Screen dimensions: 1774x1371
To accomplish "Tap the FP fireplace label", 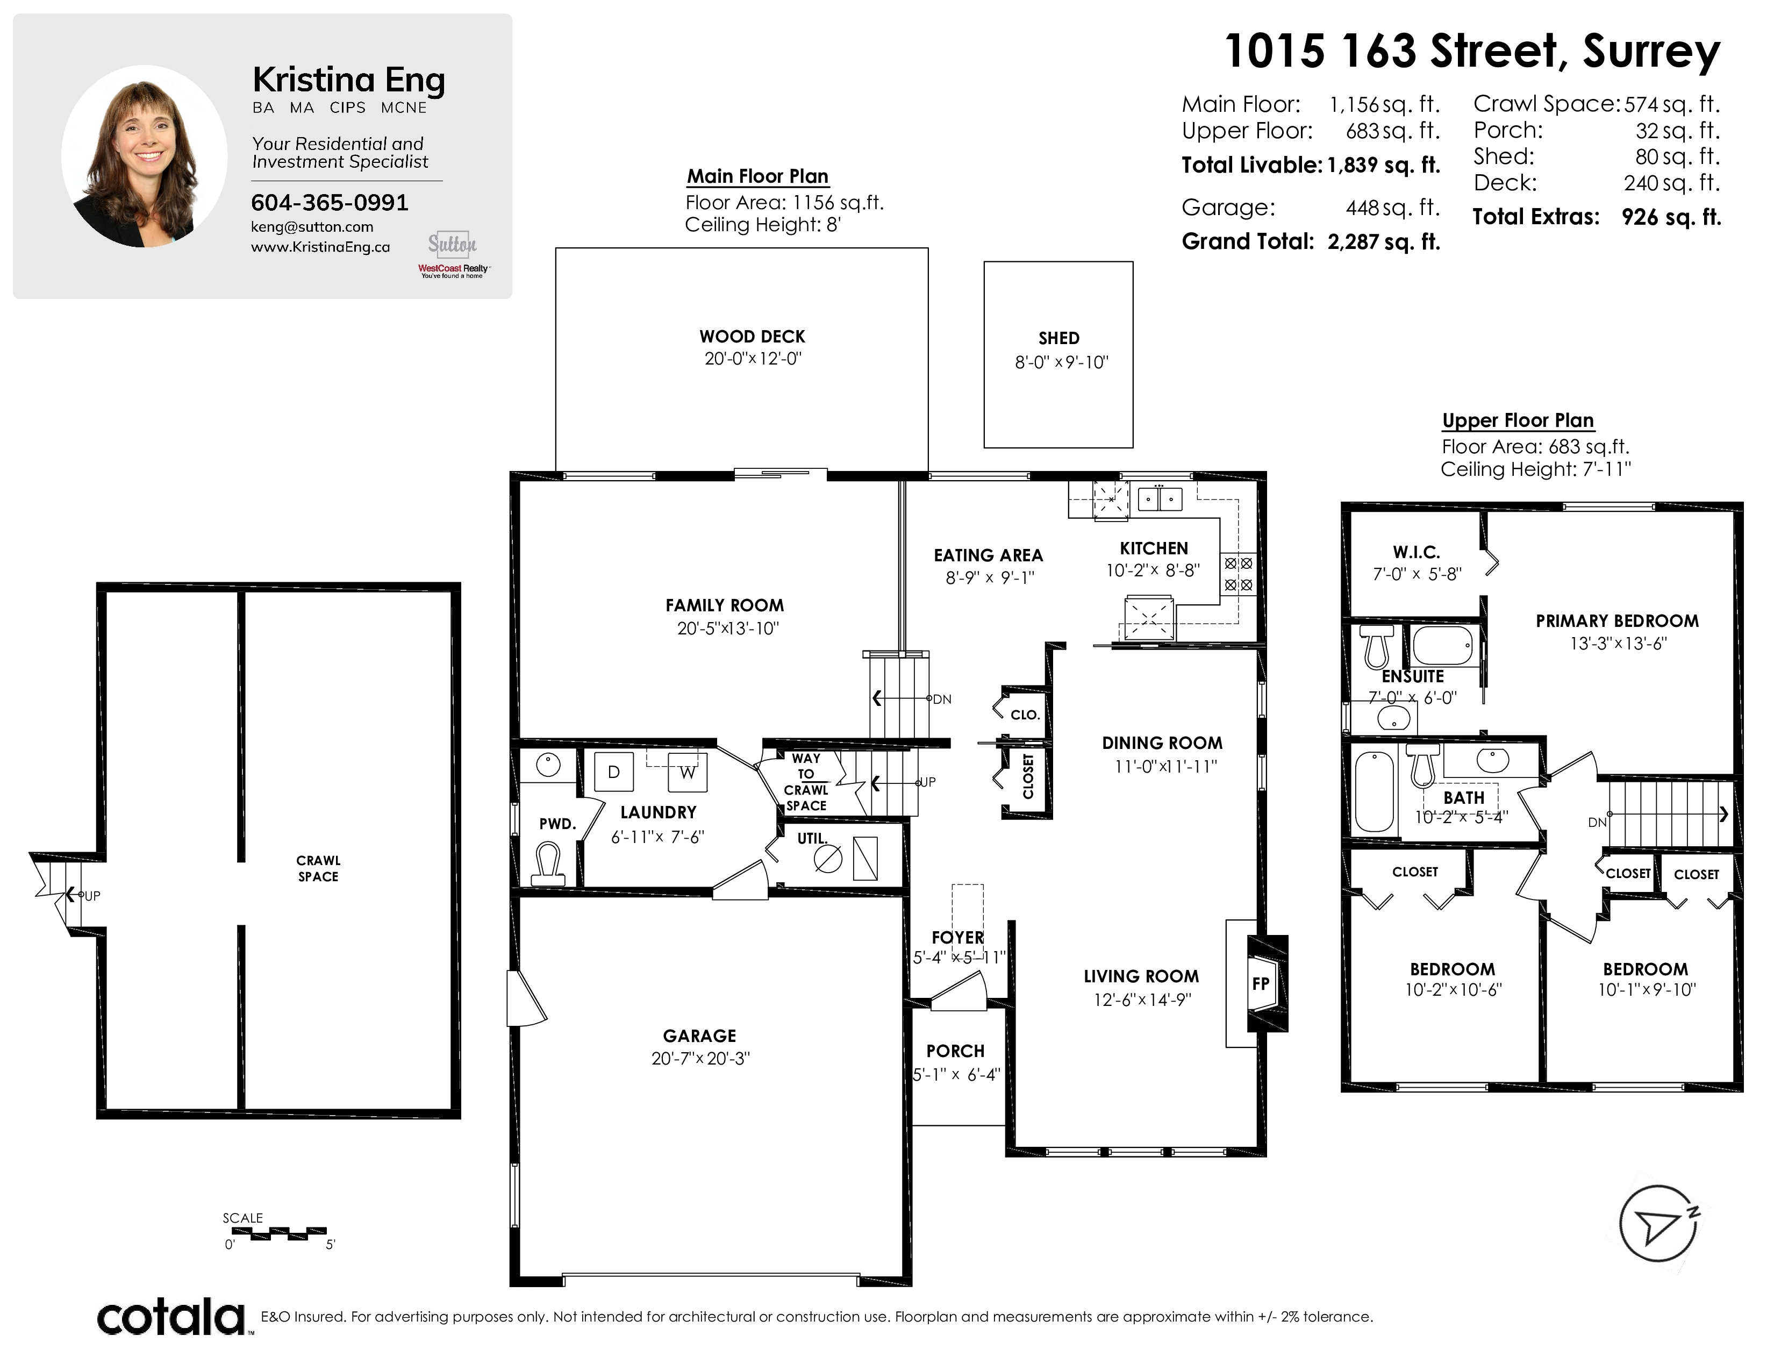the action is (x=1261, y=983).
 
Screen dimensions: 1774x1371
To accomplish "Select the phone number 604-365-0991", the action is (x=330, y=202).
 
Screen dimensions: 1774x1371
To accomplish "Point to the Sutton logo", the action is (x=453, y=243).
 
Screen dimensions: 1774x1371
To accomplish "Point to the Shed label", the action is (x=1059, y=338).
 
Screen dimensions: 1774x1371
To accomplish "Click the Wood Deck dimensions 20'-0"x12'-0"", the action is (x=753, y=358).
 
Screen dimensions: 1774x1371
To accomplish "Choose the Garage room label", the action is (x=699, y=1036).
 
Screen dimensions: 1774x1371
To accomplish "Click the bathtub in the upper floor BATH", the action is (x=1375, y=791).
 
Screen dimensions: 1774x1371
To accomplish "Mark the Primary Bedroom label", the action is (x=1617, y=620).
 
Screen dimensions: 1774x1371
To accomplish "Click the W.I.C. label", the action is (x=1417, y=552).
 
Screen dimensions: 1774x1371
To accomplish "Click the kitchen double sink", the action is (x=1160, y=498).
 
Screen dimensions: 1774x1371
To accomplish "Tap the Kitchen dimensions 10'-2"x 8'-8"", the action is (x=1154, y=570).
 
